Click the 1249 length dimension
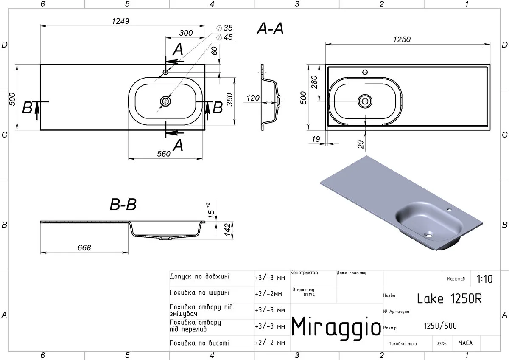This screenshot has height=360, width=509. [x=120, y=21]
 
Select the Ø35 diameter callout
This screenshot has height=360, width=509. [x=224, y=28]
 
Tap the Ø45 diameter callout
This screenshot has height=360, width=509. [x=224, y=37]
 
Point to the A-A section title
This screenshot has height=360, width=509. [x=270, y=28]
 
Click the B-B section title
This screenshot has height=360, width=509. [x=123, y=204]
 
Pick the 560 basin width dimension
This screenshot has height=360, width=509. [x=164, y=154]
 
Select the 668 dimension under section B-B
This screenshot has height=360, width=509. [x=84, y=247]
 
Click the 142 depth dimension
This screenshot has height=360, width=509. [x=227, y=230]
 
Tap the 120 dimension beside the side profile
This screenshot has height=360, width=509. [x=253, y=98]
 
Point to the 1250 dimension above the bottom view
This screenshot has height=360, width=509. [x=402, y=39]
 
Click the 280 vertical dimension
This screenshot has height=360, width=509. [x=314, y=82]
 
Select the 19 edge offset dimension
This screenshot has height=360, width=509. [x=316, y=139]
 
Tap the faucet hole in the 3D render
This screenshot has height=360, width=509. [x=449, y=209]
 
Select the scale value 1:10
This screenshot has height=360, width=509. [x=484, y=279]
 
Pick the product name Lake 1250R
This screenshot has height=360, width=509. [x=449, y=298]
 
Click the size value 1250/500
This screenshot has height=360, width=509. [x=440, y=326]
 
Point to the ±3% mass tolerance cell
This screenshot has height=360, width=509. [x=442, y=343]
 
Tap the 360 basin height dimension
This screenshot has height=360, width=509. [x=230, y=100]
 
